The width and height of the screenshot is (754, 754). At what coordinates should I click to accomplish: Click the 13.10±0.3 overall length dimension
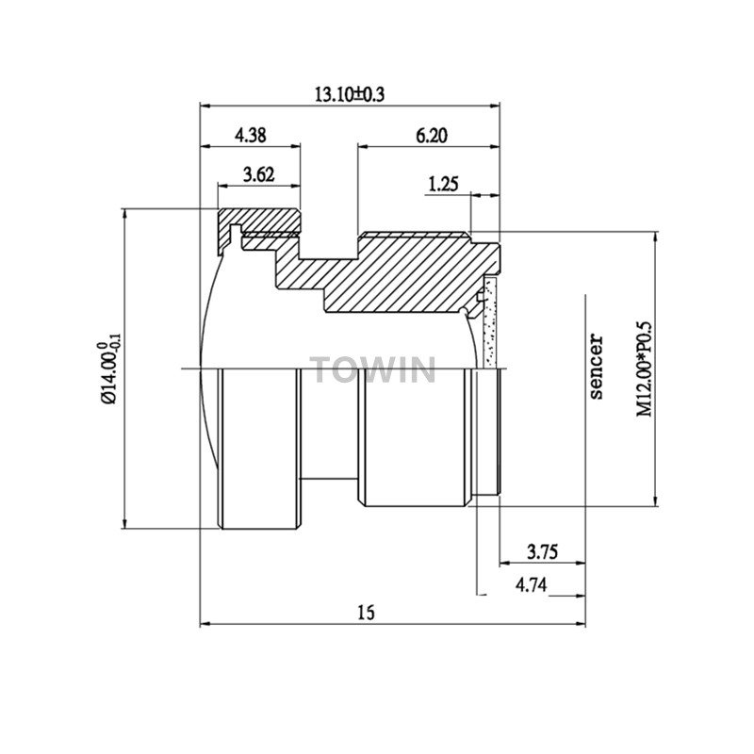[350, 94]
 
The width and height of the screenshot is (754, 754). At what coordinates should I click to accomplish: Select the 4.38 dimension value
[250, 136]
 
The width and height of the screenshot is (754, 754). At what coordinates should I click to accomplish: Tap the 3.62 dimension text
[258, 174]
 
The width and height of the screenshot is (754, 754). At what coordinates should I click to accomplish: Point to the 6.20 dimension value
[432, 136]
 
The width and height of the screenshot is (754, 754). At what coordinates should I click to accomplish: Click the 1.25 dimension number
[443, 184]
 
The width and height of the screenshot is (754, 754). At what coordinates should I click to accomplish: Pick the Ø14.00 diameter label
[109, 369]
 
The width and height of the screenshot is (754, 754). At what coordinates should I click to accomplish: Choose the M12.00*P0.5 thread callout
[645, 369]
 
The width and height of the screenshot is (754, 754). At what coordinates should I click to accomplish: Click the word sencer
[596, 367]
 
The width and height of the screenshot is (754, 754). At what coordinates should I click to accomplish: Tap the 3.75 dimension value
[543, 551]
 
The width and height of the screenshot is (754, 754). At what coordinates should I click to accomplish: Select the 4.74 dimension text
[531, 585]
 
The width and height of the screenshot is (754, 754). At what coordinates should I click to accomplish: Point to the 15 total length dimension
[366, 613]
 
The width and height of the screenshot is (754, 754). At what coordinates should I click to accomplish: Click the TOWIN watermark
[373, 369]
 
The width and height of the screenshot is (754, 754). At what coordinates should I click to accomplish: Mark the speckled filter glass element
[490, 321]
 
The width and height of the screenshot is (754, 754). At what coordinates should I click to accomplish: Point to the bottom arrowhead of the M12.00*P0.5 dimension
[656, 500]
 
